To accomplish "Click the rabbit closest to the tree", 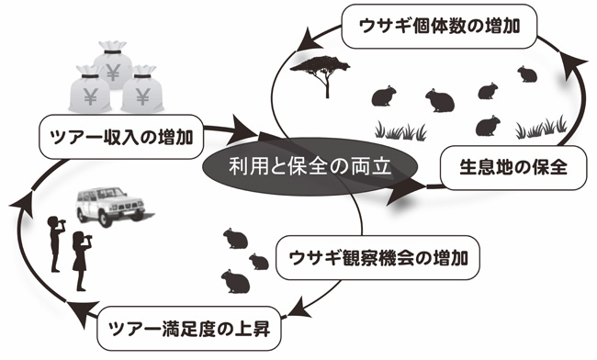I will coord(381,95).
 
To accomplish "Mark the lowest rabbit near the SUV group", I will coord(235,279).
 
